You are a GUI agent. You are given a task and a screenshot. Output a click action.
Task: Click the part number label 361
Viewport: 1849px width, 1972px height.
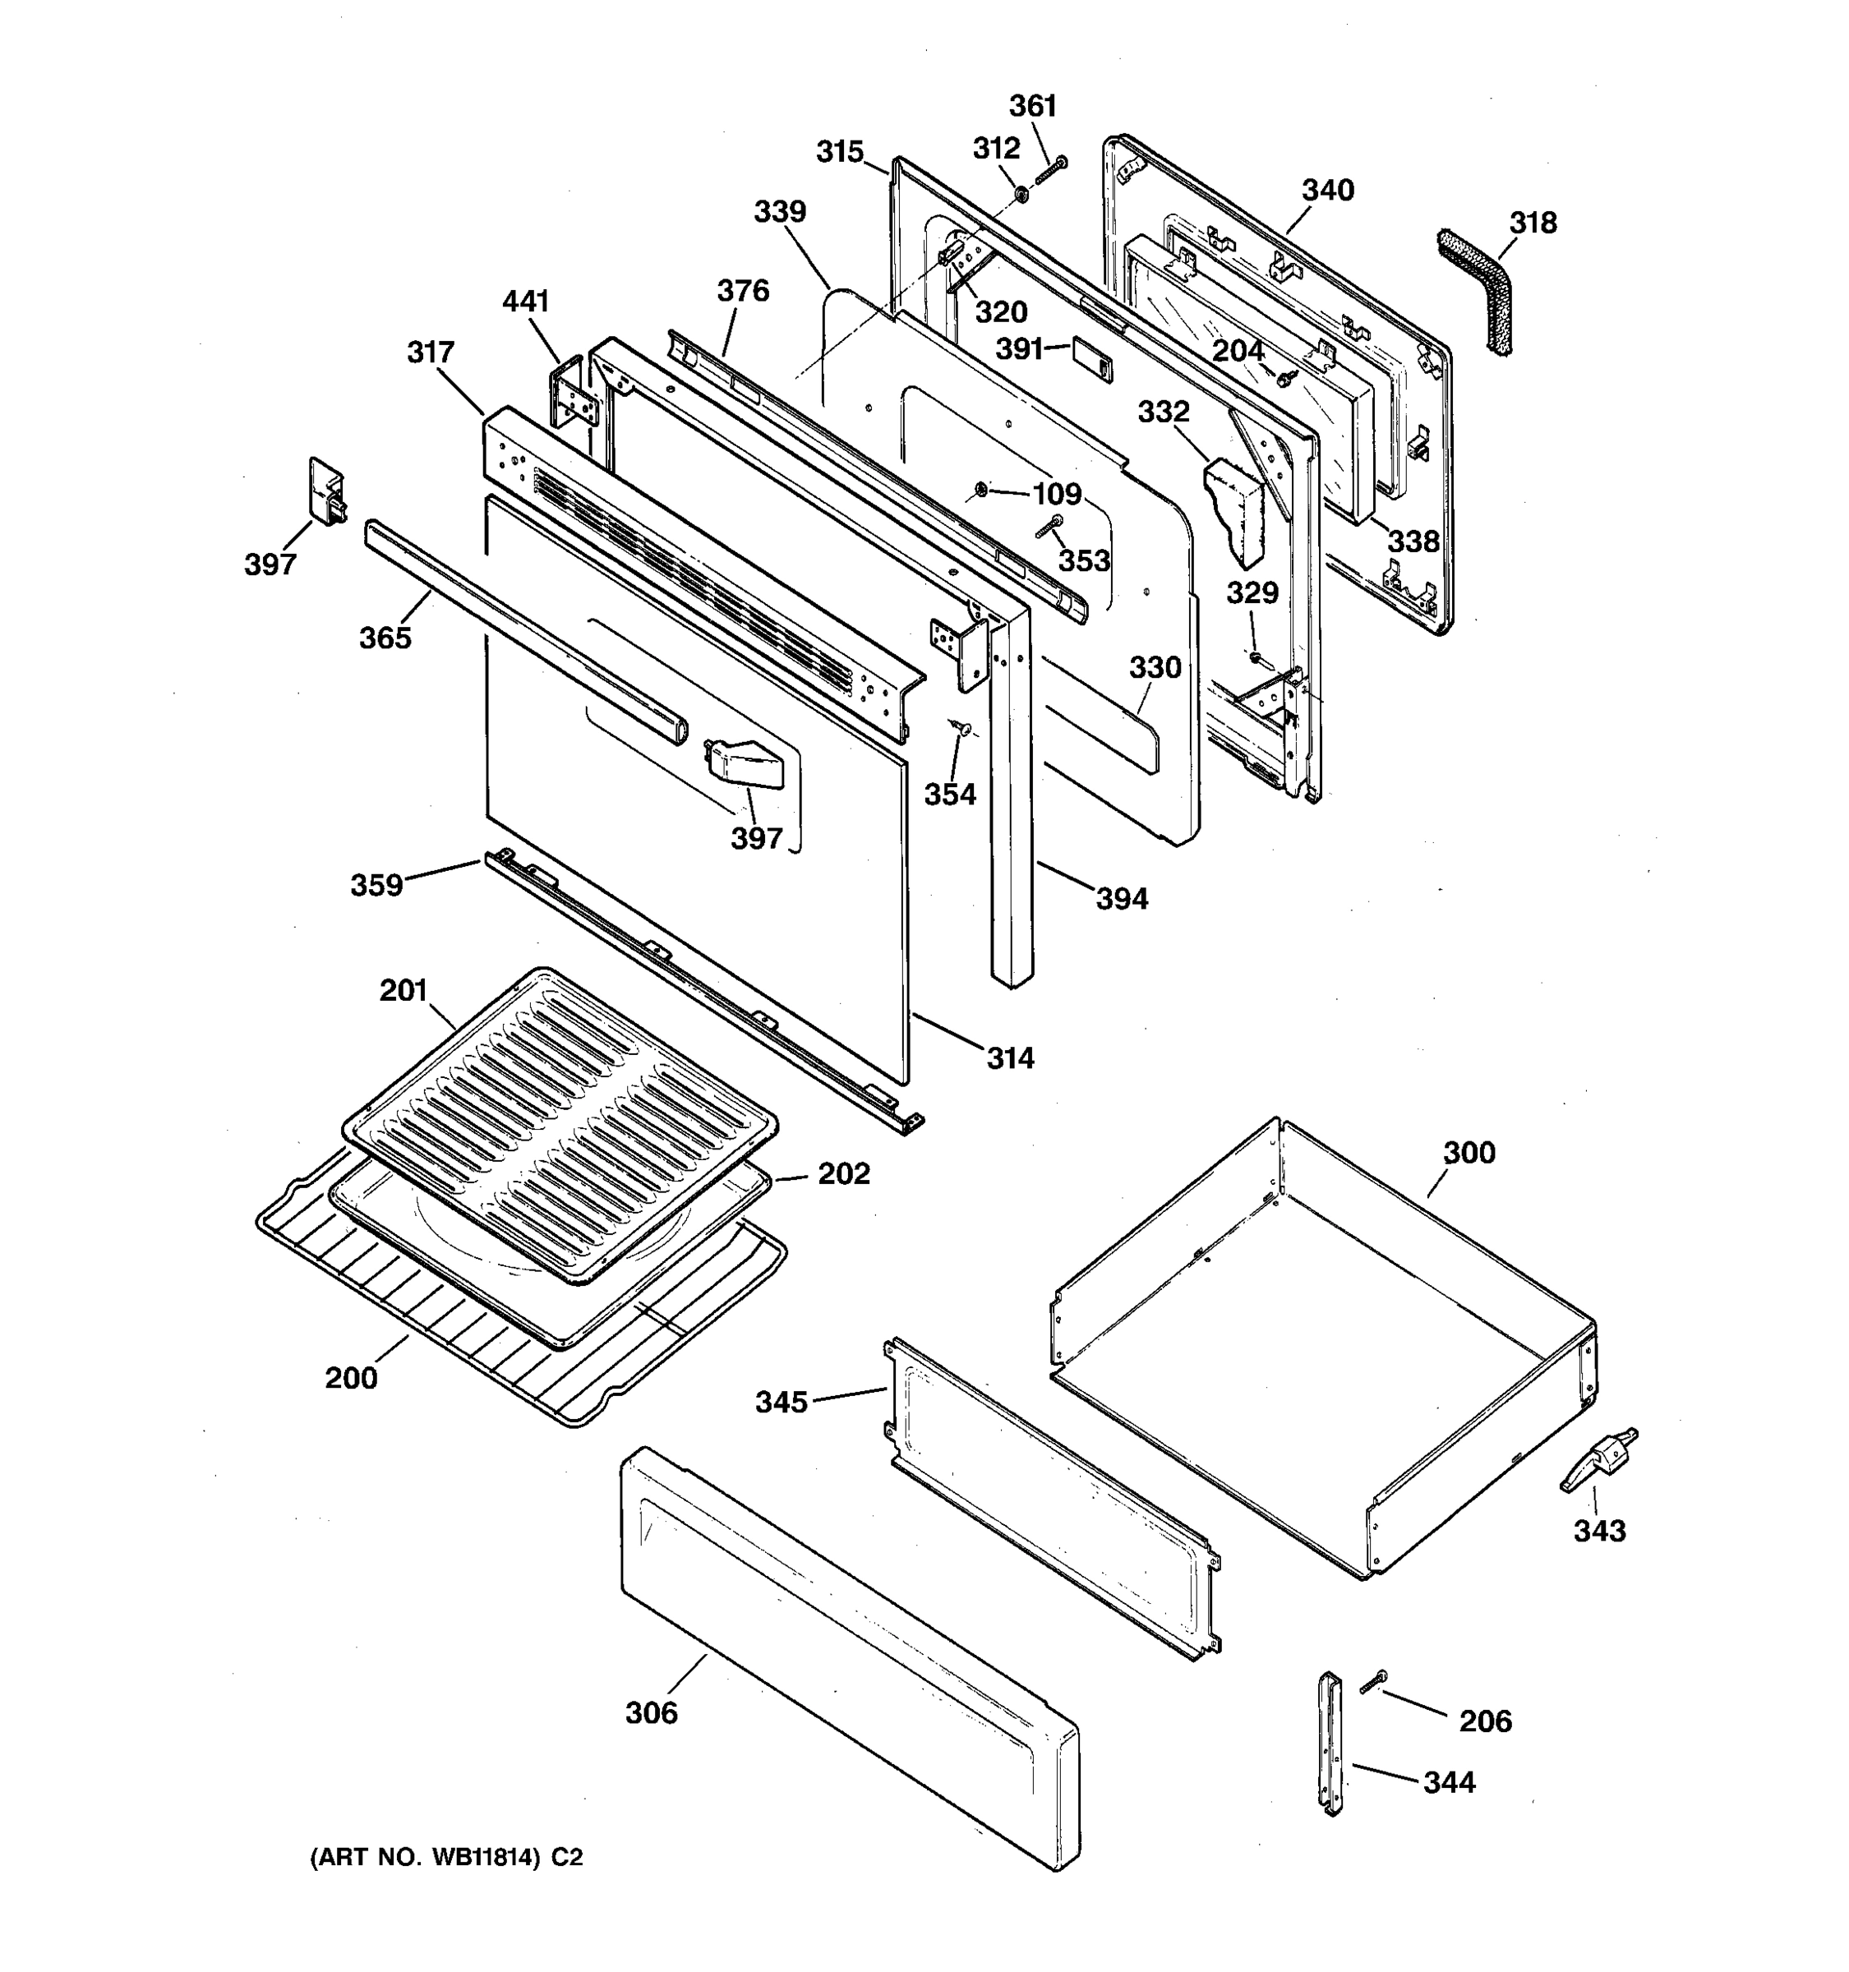pos(1033,105)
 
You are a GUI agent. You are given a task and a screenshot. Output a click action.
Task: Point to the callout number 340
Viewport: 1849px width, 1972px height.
pos(1327,190)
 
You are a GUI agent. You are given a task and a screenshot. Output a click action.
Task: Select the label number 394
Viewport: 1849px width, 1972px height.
pos(1122,899)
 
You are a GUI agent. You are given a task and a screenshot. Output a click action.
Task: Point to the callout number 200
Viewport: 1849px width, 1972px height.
pos(351,1377)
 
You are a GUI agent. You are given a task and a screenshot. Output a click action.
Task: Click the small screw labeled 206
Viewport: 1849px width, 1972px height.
pos(1374,1681)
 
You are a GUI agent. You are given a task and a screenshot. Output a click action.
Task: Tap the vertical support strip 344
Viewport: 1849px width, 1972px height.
pos(1329,1743)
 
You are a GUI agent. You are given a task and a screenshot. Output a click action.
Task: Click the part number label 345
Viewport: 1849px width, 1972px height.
pos(782,1402)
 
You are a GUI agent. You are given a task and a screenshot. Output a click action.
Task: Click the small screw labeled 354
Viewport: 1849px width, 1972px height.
pos(958,729)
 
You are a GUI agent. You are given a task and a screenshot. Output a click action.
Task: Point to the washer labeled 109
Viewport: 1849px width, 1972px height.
pos(980,488)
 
